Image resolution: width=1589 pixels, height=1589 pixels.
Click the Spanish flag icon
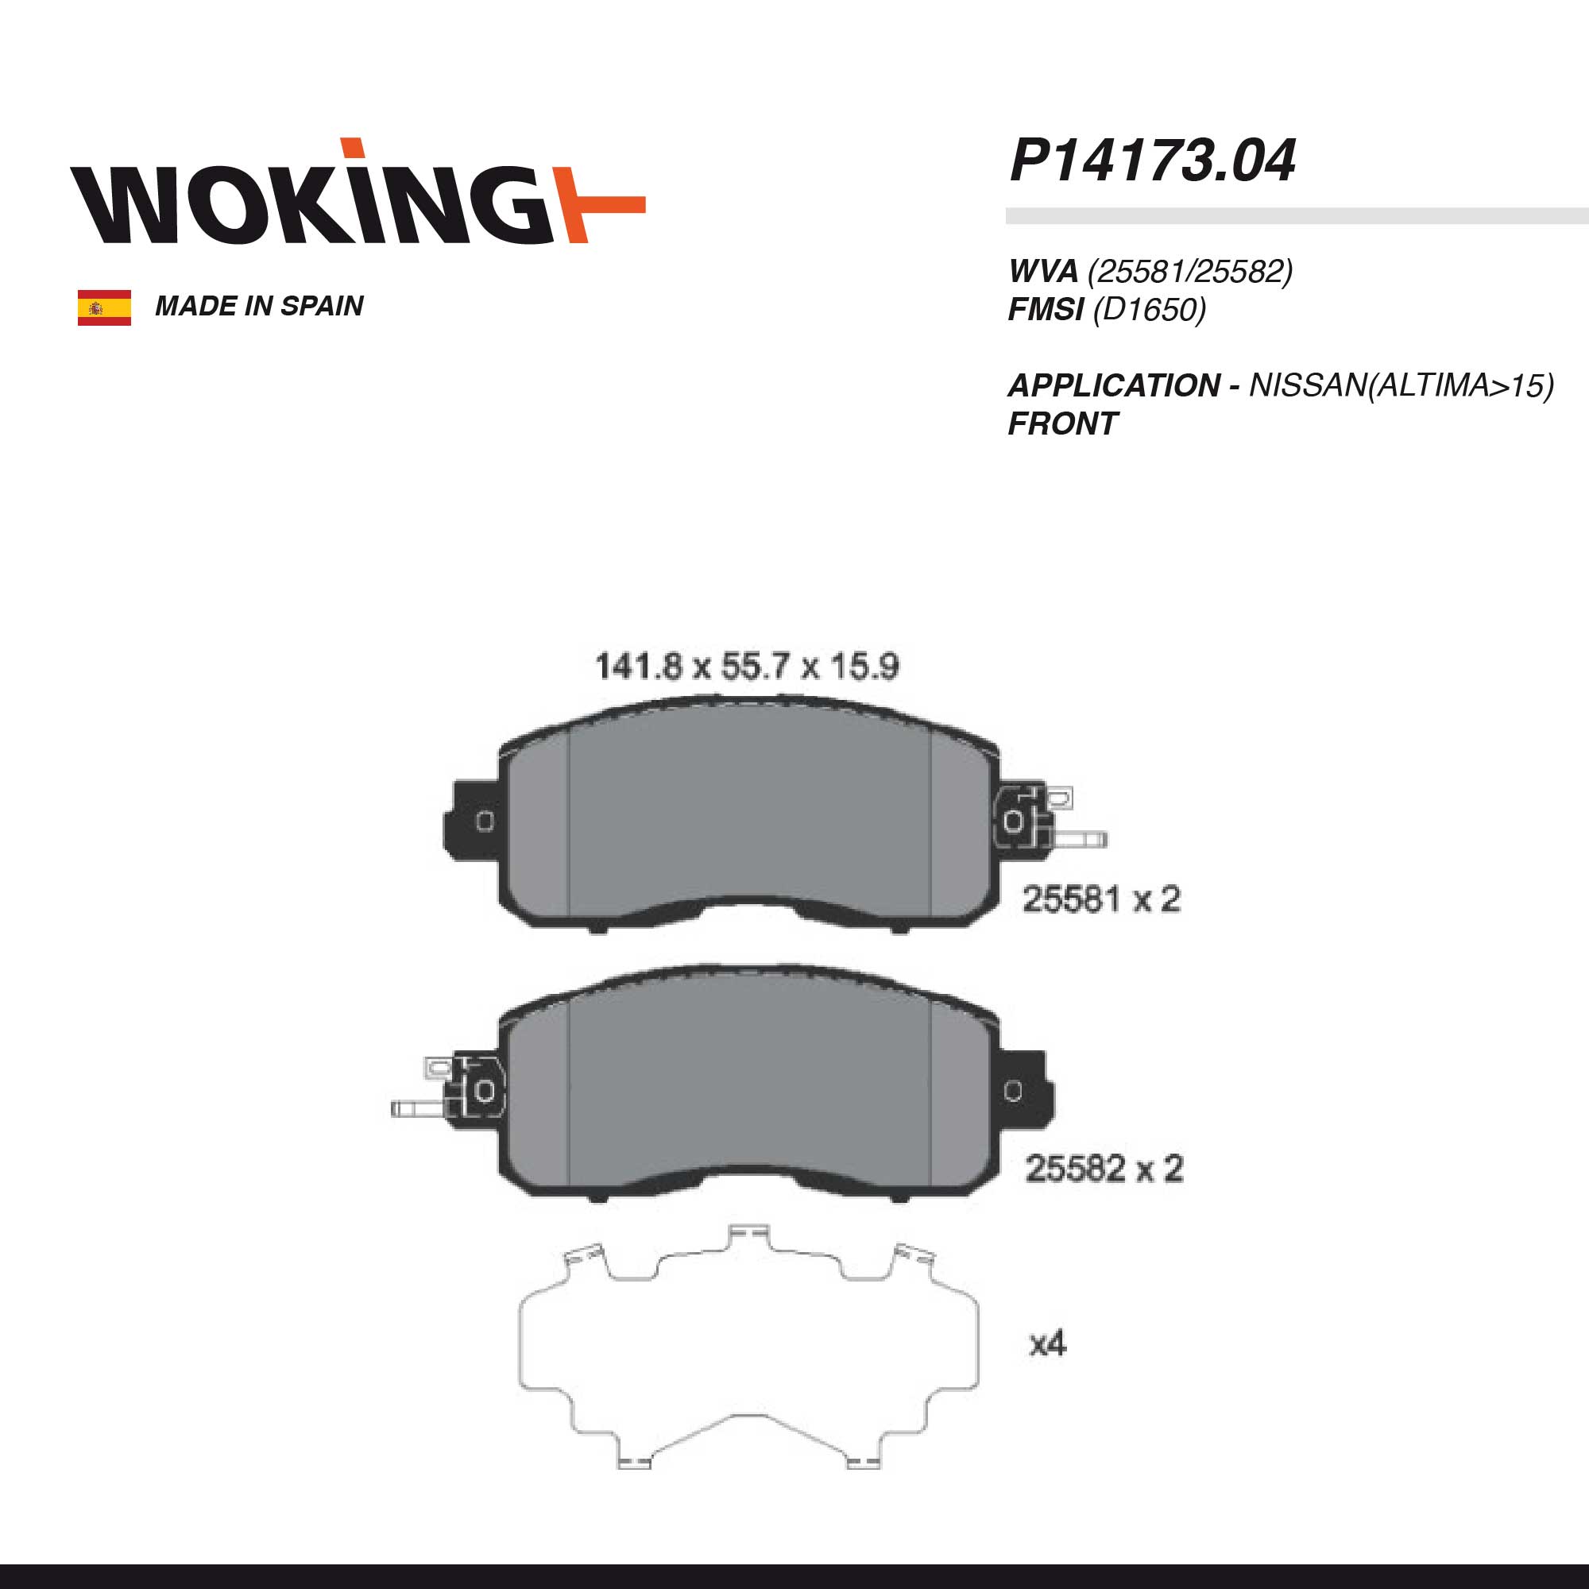click(104, 307)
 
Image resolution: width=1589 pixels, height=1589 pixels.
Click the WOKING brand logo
click(358, 191)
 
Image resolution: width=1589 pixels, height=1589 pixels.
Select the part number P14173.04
click(1152, 160)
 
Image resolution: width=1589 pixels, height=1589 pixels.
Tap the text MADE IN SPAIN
click(259, 306)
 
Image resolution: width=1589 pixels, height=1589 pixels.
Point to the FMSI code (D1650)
click(1149, 310)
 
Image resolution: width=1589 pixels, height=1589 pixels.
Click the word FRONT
click(1062, 424)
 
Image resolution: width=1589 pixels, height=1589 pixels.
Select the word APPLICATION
click(1115, 386)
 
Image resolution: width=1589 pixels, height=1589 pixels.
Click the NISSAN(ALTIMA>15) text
click(1401, 386)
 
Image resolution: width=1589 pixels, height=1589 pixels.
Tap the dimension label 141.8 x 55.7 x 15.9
click(747, 667)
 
